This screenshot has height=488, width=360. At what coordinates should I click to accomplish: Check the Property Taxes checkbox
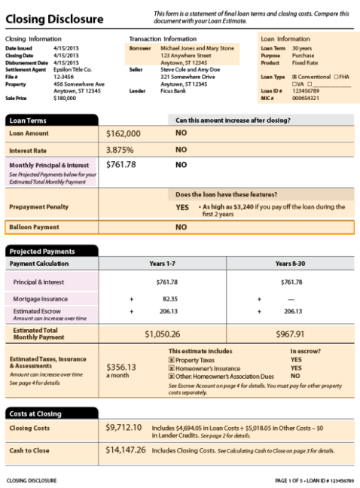click(171, 360)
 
